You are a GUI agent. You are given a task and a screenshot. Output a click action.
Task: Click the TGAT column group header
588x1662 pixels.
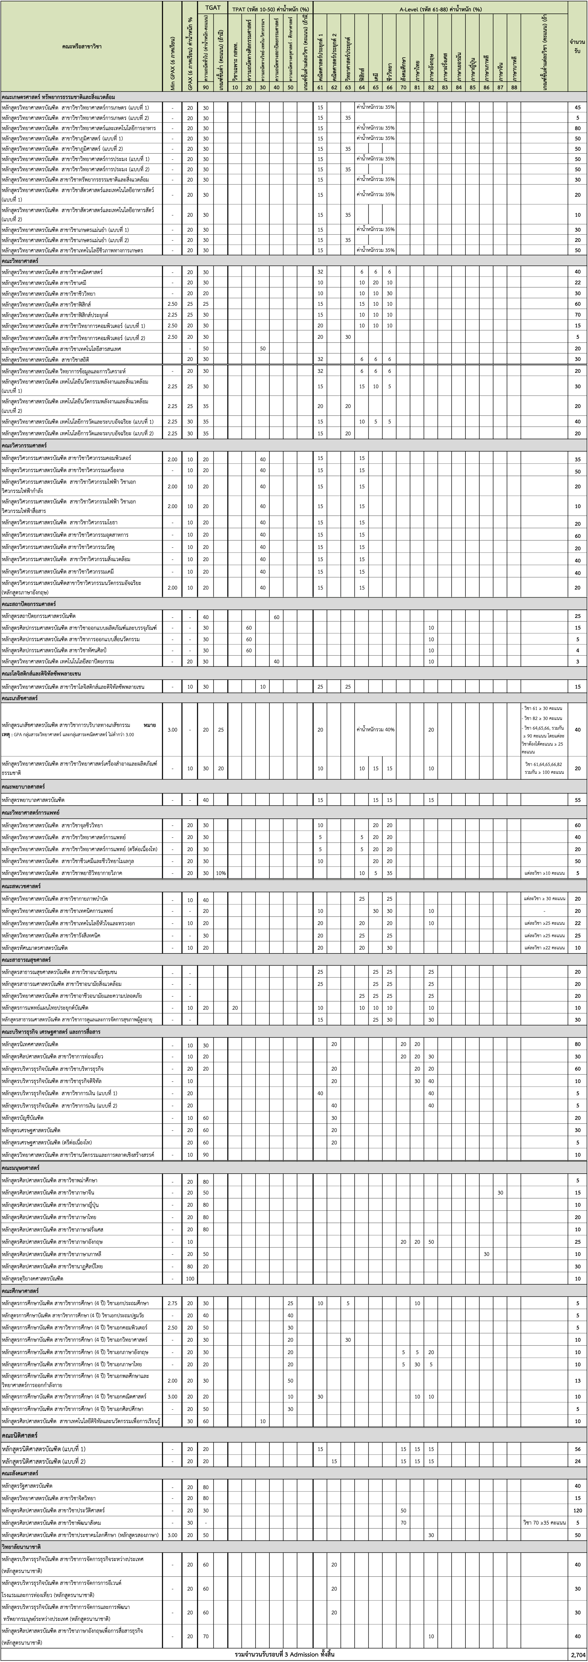coord(213,8)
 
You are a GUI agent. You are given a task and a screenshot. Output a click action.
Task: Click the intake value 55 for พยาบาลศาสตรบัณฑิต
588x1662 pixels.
coord(577,800)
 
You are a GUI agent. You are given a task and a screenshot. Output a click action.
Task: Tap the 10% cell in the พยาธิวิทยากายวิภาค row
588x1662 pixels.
coord(220,873)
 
